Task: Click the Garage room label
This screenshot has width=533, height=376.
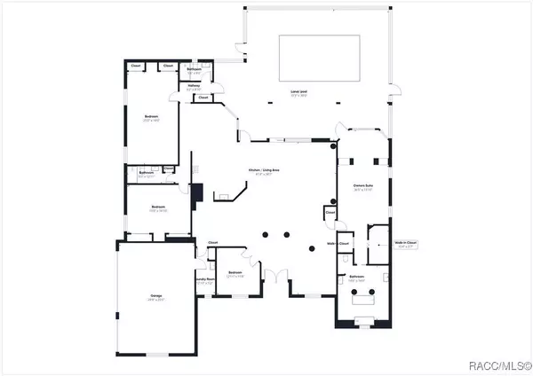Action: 156,298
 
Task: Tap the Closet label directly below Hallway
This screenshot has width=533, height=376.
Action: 203,98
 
